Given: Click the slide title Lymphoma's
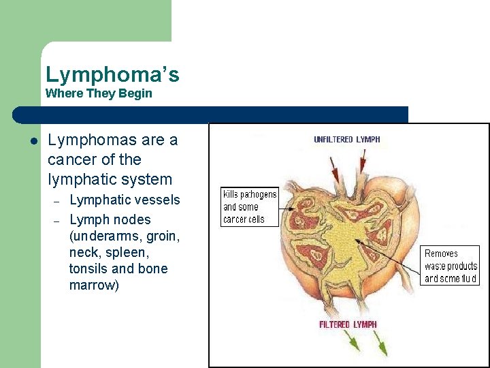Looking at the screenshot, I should coord(112,74).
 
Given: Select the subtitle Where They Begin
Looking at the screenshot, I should coord(99,93).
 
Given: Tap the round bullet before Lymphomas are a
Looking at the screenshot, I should coord(32,141).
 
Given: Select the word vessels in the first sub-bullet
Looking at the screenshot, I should coord(158,200).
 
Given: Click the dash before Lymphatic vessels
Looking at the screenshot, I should coord(57,201).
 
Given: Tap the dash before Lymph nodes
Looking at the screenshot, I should coord(57,221).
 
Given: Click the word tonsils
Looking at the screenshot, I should coord(89,269).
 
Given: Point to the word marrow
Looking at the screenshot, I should coord(94,285).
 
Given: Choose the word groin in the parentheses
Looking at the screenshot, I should coord(161,236).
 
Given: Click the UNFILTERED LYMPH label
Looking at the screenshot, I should coord(346,140).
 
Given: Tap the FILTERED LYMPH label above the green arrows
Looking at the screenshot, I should coord(348,324).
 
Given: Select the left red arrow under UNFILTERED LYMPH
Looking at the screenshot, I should coord(335,168).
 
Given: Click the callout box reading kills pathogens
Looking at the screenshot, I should coord(250,207).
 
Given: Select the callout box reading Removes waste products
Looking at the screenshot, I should coord(451,266).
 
